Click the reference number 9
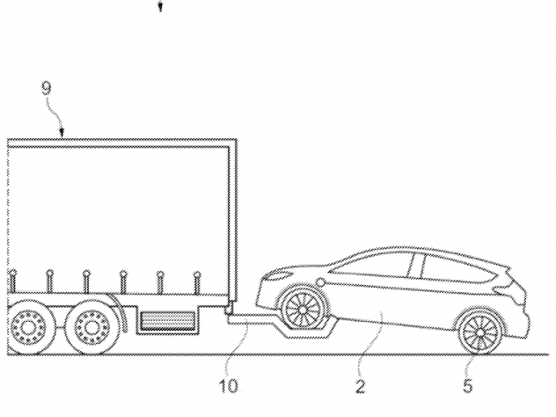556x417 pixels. coord(47,88)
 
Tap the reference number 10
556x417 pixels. coord(229,386)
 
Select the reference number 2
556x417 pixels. coord(361,386)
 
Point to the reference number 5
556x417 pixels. coord(468,386)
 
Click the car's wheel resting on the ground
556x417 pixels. coord(479,333)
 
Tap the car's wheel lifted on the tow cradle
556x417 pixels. coord(303,310)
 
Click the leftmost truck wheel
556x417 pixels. coord(26,328)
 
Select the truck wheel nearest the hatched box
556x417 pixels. coord(91,328)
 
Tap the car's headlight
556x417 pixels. coord(280,276)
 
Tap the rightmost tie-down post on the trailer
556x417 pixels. coord(198,282)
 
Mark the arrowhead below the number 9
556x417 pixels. coord(62,134)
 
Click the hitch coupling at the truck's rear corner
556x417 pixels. coord(230,308)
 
